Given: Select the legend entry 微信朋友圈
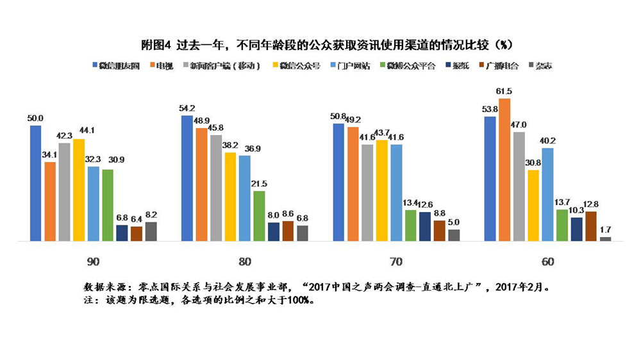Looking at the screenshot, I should click(x=119, y=65).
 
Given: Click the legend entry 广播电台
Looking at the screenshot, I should click(x=501, y=65).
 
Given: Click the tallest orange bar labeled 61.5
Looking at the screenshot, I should click(x=505, y=170).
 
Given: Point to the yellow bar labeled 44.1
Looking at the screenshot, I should click(x=78, y=190).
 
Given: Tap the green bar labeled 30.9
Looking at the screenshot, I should click(x=107, y=205).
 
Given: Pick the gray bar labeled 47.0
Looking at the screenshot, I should click(x=519, y=186).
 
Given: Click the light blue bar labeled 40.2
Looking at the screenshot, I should click(x=548, y=194).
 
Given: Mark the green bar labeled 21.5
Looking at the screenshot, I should click(x=258, y=216).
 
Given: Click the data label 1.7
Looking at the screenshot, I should click(x=605, y=229).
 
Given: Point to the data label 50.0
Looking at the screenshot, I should click(x=35, y=118).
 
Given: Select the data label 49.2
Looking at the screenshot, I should click(x=353, y=119).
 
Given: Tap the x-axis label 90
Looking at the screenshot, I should click(x=93, y=261).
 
